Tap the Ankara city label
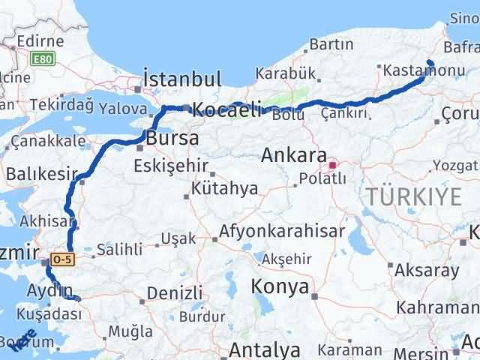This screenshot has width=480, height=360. pos(293,157)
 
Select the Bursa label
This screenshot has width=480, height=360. pos(173,139)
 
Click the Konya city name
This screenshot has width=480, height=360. pos(280,287)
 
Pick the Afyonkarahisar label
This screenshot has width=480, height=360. pos(283,231)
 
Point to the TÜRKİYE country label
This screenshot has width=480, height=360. pos(414,197)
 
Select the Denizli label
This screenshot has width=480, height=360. pos(175,292)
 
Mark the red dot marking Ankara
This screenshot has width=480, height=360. pos(332,160)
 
